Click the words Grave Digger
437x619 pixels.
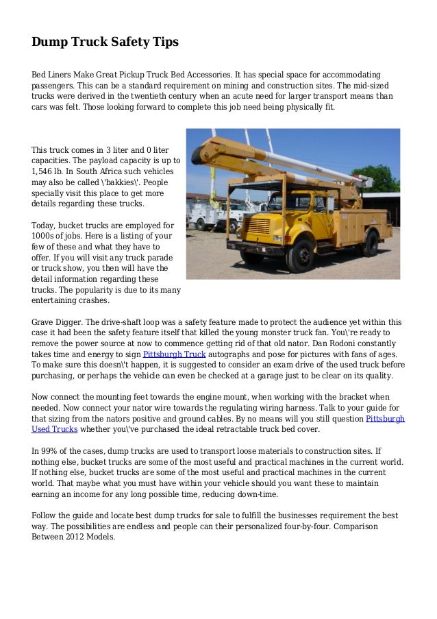click(x=57, y=321)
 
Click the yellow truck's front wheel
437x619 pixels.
click(x=300, y=256)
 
